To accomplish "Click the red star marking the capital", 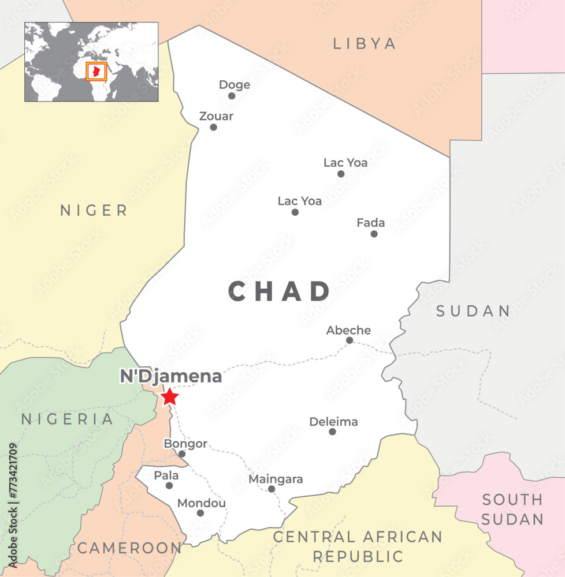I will tap(169, 397).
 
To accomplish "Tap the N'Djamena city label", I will tap(170, 377).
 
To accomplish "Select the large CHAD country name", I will tap(280, 291).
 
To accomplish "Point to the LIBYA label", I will tap(365, 43).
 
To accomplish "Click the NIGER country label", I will tap(94, 211).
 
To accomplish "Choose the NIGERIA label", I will tap(68, 419).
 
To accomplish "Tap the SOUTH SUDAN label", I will tap(512, 509).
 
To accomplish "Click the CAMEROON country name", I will tap(129, 548).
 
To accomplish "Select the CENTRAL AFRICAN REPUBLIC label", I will tap(358, 546).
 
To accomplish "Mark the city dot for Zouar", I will tap(213, 127).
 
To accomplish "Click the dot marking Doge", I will tap(232, 96).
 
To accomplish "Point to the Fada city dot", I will tap(374, 234).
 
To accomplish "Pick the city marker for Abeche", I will tap(349, 340).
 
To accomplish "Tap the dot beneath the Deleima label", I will tap(332, 432).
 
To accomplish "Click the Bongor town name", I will tap(185, 444).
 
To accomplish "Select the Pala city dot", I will tap(169, 486).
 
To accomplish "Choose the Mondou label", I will tap(202, 503).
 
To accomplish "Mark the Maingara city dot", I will tap(272, 489).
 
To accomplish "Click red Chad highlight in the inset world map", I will tap(97, 72).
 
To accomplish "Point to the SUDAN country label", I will tap(473, 312).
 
